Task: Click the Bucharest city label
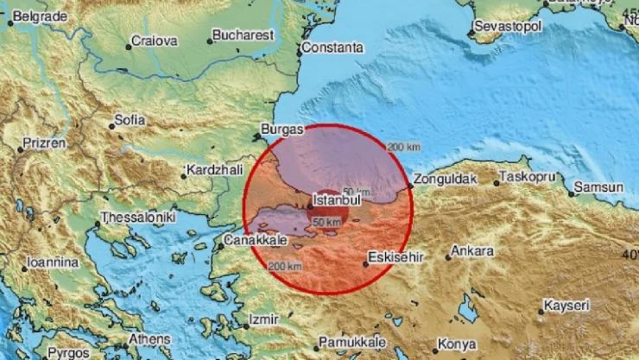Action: [x=245, y=35]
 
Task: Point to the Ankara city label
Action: [x=475, y=251]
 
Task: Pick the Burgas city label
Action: [x=284, y=129]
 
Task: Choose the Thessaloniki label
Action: [x=138, y=218]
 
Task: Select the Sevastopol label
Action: [x=511, y=28]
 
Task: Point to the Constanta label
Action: [x=334, y=47]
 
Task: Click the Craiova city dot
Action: [x=129, y=46]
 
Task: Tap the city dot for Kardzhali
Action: [x=184, y=178]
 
